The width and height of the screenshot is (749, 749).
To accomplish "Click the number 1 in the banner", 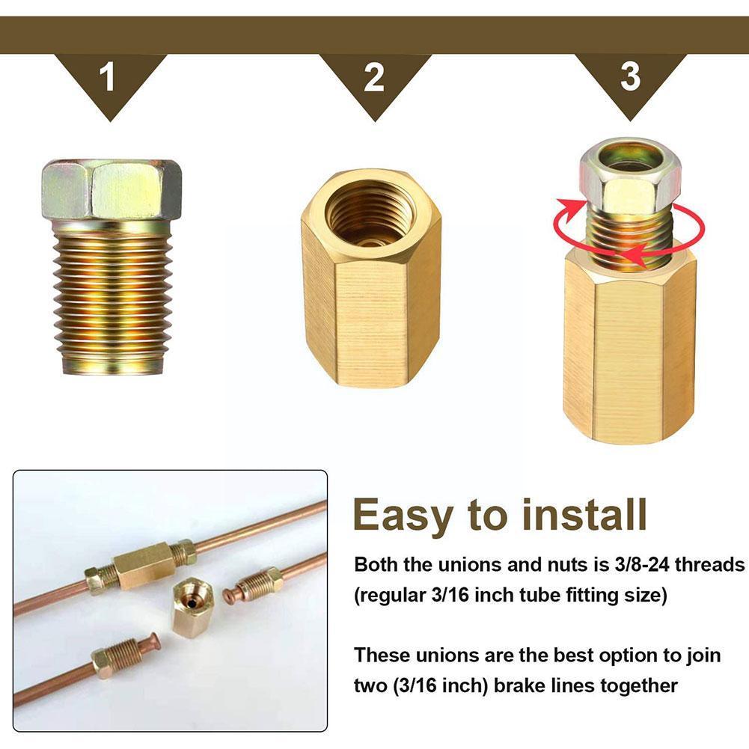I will point(109,77).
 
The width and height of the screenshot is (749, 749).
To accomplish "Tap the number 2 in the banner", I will point(373,77).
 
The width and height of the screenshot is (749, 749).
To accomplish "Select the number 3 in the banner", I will point(631,76).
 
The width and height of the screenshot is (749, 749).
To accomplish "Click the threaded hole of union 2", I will point(370,213).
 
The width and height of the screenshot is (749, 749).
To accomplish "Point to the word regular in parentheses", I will point(397,596).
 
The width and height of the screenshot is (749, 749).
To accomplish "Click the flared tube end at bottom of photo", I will point(153,641).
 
